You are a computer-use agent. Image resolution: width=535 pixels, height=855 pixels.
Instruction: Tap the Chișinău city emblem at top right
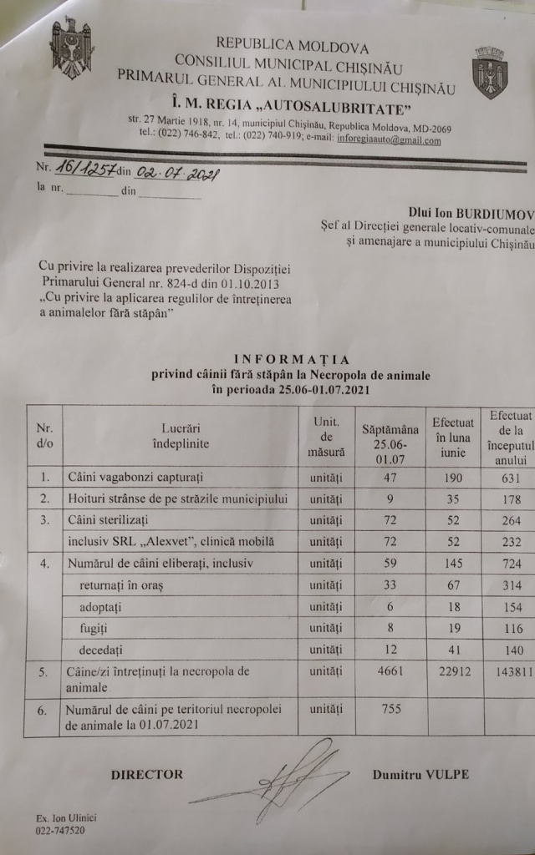(x=489, y=72)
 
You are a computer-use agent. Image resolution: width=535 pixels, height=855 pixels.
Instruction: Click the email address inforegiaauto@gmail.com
(x=390, y=140)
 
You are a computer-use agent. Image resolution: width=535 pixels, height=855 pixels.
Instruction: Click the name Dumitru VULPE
(x=420, y=774)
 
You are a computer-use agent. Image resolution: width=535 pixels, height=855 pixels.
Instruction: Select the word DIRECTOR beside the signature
(x=147, y=774)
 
